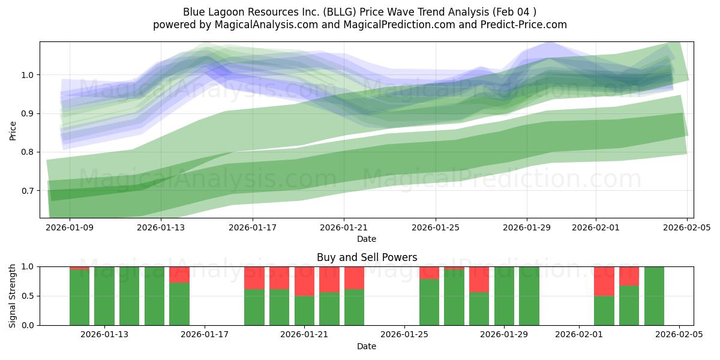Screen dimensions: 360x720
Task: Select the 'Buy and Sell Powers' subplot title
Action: pyautogui.click(x=367, y=257)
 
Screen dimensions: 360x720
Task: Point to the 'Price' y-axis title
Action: pyautogui.click(x=13, y=130)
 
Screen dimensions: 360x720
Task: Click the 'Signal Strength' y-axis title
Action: pyautogui.click(x=13, y=296)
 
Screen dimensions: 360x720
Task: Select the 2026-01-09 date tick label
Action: pyautogui.click(x=70, y=228)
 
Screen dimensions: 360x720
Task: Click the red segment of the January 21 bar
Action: pyautogui.click(x=304, y=281)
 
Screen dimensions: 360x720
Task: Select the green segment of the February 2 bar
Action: pyautogui.click(x=604, y=310)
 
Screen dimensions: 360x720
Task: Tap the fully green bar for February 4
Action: pyautogui.click(x=654, y=296)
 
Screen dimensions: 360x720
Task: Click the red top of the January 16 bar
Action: pyautogui.click(x=179, y=274)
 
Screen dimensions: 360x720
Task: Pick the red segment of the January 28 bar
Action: pyautogui.click(x=479, y=279)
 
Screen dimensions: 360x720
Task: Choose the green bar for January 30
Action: pyautogui.click(x=529, y=296)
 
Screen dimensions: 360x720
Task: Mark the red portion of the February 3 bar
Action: pyautogui.click(x=629, y=276)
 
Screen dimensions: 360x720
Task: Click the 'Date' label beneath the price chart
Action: pyautogui.click(x=367, y=239)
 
